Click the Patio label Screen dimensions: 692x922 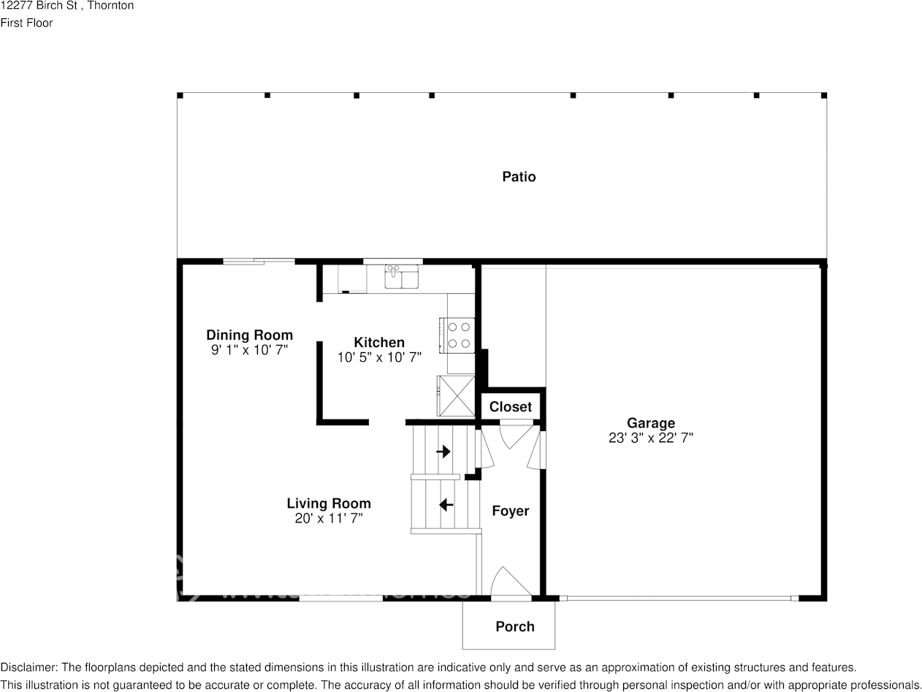[519, 177]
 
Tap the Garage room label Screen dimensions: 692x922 [650, 423]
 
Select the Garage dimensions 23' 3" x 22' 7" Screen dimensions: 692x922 [650, 438]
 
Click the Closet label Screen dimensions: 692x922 [510, 407]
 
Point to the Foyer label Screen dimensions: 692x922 [510, 511]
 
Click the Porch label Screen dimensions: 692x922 [514, 626]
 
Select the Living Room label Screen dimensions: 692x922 [328, 503]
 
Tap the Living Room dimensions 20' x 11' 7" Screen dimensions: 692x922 [328, 519]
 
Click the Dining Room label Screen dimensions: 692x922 [249, 335]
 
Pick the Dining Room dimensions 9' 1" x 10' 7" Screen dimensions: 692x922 [249, 351]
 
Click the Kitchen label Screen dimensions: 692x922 [379, 342]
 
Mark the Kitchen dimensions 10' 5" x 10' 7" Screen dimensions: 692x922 [379, 358]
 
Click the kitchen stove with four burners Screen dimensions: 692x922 [458, 335]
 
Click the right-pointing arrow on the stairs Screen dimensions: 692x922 [443, 452]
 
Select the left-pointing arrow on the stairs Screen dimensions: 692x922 [445, 505]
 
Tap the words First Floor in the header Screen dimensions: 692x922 [26, 23]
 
